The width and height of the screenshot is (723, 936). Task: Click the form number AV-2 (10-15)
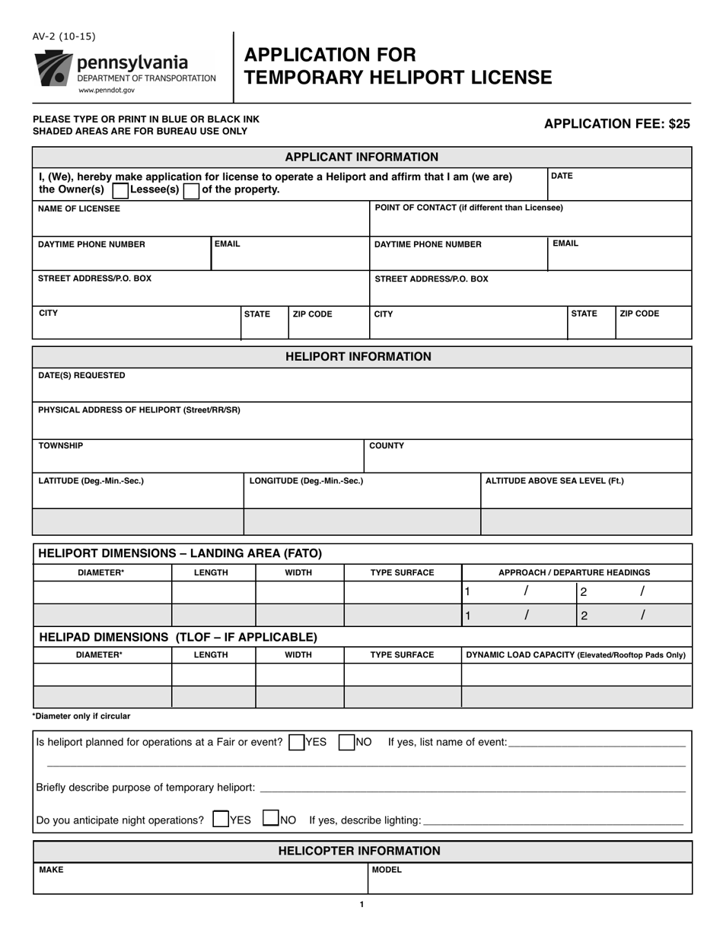(64, 37)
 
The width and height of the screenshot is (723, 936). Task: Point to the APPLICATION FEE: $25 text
(616, 124)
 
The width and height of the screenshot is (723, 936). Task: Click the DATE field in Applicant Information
(618, 183)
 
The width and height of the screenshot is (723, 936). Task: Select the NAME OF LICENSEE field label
(79, 209)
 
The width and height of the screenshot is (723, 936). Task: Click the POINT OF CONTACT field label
(469, 208)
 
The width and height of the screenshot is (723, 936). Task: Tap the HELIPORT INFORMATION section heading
(361, 357)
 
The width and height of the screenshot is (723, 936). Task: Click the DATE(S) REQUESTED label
(81, 375)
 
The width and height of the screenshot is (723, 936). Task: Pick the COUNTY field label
(387, 446)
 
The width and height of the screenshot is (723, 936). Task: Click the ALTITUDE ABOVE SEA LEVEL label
(554, 481)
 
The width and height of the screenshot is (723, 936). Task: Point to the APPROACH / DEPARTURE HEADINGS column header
(574, 572)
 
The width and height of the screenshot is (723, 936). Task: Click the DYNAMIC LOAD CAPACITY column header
(575, 654)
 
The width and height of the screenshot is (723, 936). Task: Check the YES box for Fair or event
(297, 742)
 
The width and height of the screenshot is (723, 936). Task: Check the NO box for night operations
(270, 820)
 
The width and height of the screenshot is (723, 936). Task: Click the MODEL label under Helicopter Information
(387, 870)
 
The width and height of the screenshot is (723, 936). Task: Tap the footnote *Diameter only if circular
(81, 716)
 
